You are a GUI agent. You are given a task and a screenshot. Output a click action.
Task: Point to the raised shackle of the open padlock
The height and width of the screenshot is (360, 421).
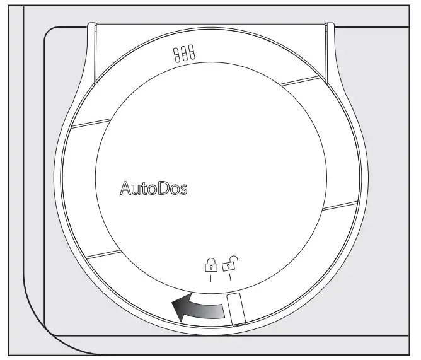[x=233, y=257]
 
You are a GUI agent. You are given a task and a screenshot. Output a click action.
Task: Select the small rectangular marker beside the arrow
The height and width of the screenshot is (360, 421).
[x=236, y=308]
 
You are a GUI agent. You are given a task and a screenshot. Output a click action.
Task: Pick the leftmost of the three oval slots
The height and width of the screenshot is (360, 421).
[x=177, y=55]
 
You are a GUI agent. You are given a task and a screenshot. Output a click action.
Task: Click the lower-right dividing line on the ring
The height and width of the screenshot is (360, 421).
[x=340, y=206]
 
